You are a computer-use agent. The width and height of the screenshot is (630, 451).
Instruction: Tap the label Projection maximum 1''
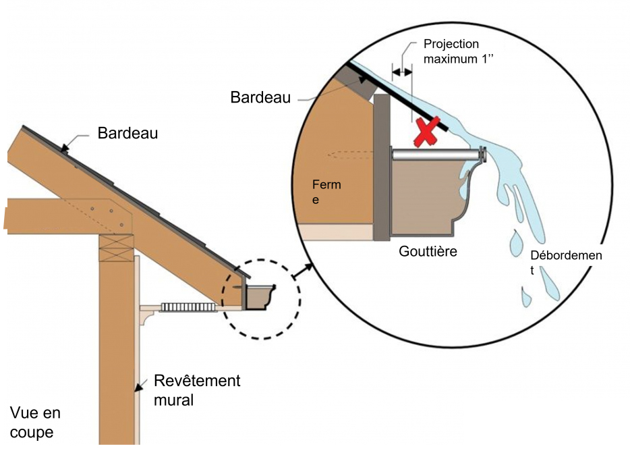(451, 51)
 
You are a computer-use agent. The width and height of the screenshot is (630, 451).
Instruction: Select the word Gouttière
(428, 252)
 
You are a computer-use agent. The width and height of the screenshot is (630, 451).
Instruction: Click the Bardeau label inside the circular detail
(260, 97)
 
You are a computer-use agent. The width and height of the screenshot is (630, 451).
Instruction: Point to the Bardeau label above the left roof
(127, 133)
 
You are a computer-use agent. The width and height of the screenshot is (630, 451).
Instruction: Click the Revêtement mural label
(196, 390)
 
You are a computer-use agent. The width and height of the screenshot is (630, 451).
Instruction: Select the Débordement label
(565, 262)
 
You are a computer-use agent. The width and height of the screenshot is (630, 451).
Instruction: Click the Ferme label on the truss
(326, 192)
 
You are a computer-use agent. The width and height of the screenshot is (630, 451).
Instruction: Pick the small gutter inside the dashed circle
(260, 298)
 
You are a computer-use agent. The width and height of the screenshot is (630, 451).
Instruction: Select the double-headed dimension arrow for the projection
(403, 70)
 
